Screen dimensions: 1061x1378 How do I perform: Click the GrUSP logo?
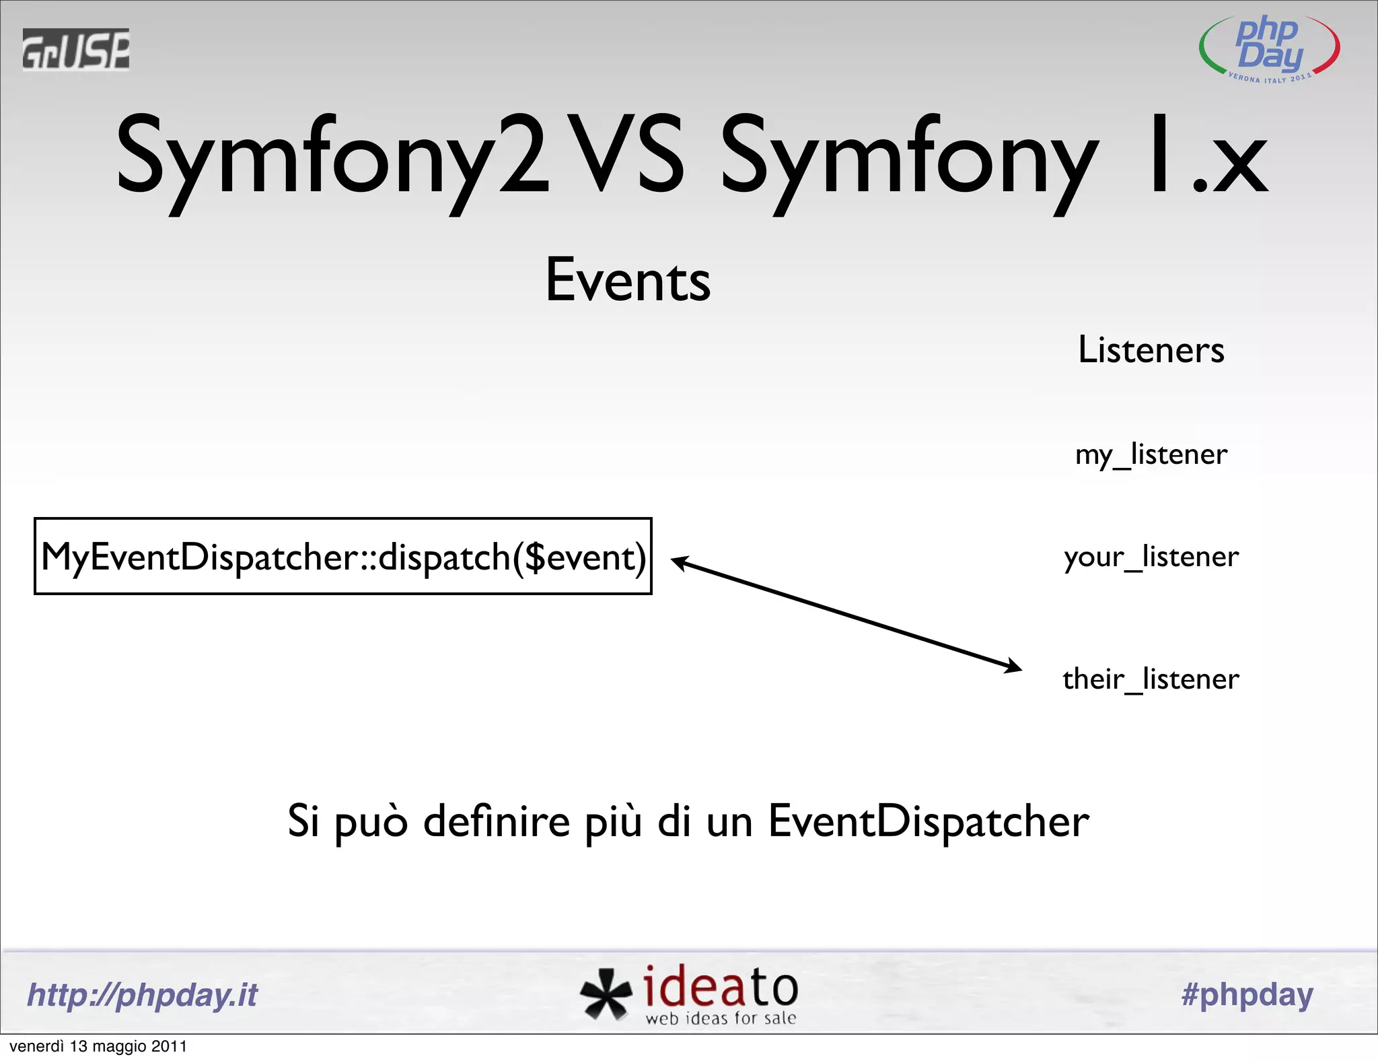[75, 49]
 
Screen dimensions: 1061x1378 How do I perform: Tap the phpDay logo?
[1269, 49]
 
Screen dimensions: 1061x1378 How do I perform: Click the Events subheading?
[628, 281]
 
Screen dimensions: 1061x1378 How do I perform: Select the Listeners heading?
[1151, 350]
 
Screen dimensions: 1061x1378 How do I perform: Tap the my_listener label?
[1151, 455]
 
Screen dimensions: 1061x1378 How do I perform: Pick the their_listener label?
[1151, 679]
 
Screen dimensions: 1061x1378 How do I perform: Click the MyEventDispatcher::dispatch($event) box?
[343, 557]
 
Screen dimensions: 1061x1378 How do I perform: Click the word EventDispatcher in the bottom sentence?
[929, 821]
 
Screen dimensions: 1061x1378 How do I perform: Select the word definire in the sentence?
[497, 821]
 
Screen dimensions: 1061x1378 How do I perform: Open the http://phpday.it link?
[143, 995]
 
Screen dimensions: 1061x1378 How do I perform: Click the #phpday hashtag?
[1247, 995]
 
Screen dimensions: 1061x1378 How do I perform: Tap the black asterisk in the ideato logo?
[606, 994]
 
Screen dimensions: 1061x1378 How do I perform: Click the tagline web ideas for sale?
[721, 1019]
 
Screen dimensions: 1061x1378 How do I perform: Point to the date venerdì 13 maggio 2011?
[98, 1046]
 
